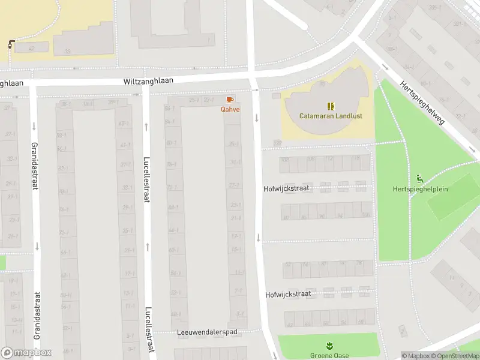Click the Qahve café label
pyautogui.click(x=230, y=109)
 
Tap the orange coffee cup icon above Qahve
pyautogui.click(x=229, y=100)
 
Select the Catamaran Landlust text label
pyautogui.click(x=331, y=116)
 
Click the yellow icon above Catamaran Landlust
pyautogui.click(x=331, y=106)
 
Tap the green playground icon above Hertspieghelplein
pyautogui.click(x=419, y=179)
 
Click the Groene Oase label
pyautogui.click(x=329, y=355)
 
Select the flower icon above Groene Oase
pyautogui.click(x=329, y=346)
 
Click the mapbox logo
pyautogui.click(x=26, y=353)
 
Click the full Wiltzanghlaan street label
pyautogui.click(x=148, y=81)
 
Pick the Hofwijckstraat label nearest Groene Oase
pyautogui.click(x=287, y=295)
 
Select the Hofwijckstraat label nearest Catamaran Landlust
pyautogui.click(x=286, y=188)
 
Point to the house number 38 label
pyautogui.click(x=68, y=52)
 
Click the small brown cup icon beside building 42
pyautogui.click(x=11, y=44)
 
